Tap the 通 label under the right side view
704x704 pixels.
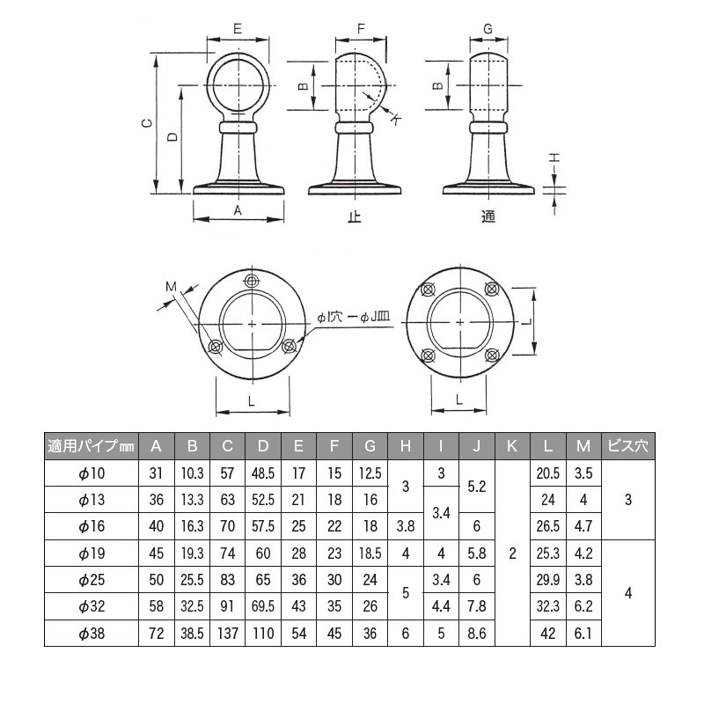(488, 216)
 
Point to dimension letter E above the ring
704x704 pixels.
(238, 29)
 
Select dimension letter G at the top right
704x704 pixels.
(488, 29)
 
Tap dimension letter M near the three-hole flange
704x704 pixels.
(172, 285)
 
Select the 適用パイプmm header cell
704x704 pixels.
(92, 446)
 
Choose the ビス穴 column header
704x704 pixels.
(627, 446)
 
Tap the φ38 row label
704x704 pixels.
(92, 633)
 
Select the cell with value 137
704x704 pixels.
(227, 633)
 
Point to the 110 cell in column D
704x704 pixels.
(263, 633)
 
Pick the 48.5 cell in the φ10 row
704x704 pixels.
(263, 473)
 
